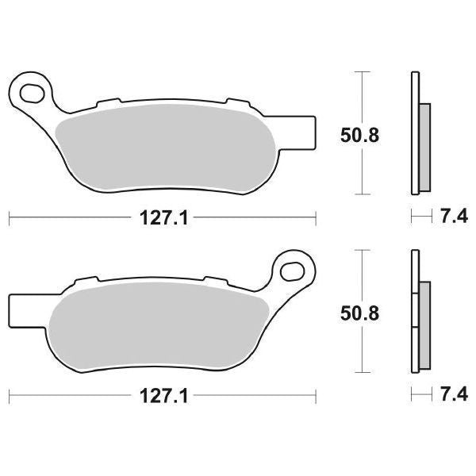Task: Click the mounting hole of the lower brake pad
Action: click(x=290, y=271)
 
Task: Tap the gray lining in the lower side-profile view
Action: click(x=423, y=325)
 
